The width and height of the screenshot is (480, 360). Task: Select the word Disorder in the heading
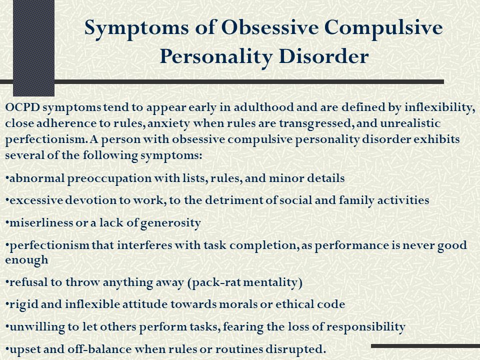click(x=323, y=56)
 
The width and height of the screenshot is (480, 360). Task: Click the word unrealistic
click(x=410, y=123)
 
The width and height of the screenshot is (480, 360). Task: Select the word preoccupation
click(x=109, y=178)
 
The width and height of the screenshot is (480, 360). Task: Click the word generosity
click(x=170, y=223)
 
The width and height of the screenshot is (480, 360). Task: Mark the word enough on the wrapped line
click(x=26, y=260)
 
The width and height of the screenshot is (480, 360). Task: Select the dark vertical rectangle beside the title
click(x=33, y=48)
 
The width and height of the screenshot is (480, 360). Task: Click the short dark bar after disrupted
click(x=425, y=346)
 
